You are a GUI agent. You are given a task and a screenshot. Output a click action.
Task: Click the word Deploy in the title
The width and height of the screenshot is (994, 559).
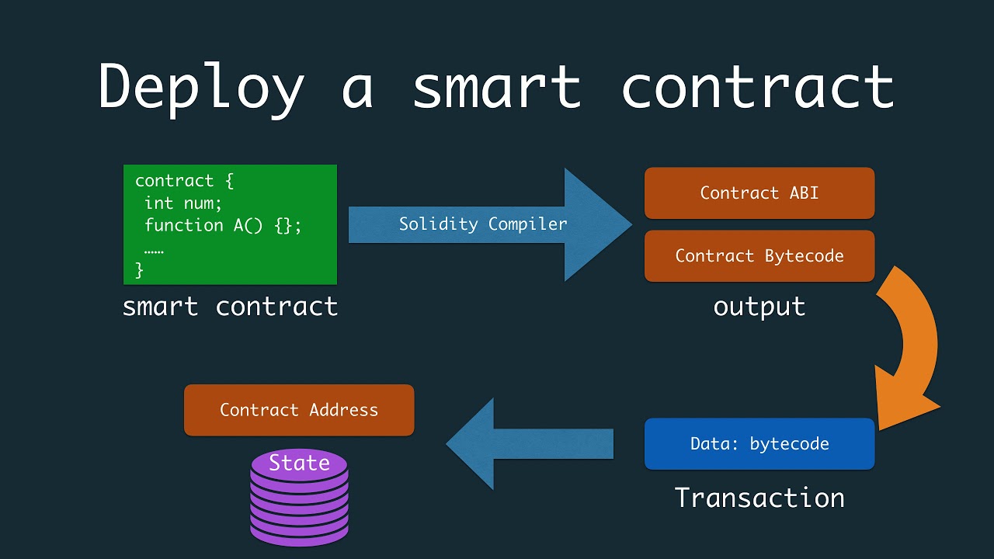point(200,87)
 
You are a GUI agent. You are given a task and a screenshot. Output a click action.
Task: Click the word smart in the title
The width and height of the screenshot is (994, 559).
point(496,87)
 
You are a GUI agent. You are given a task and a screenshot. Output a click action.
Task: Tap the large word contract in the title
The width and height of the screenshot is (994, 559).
point(757,87)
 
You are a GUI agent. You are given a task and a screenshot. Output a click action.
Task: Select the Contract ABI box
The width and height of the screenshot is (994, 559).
point(759,193)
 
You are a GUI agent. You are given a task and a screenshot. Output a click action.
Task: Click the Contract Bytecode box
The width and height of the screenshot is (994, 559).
point(759,256)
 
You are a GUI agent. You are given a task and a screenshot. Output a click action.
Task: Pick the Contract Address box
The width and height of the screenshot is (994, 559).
point(299,410)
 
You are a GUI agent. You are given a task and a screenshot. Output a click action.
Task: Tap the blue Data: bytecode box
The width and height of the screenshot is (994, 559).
point(759,444)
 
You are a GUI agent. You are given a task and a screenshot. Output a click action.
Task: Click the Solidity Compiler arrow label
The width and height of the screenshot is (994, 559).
point(483,224)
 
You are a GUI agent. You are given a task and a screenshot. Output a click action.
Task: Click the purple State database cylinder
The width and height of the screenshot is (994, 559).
point(299,501)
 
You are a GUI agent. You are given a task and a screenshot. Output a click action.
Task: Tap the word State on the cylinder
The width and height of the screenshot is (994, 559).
point(299,464)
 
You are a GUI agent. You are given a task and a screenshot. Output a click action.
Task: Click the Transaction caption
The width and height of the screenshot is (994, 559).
point(759,498)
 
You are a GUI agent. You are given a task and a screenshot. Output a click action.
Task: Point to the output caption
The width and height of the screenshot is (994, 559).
point(759,307)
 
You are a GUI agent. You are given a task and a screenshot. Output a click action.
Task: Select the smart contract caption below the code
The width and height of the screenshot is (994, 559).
point(230,307)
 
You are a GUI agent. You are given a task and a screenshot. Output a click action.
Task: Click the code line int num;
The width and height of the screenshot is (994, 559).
point(183,203)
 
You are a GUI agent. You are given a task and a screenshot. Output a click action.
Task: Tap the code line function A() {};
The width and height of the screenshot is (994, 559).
point(223,225)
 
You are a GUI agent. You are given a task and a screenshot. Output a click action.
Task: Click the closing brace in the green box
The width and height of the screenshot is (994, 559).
point(140,269)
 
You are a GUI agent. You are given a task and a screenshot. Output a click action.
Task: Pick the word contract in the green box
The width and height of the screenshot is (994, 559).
point(174,181)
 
